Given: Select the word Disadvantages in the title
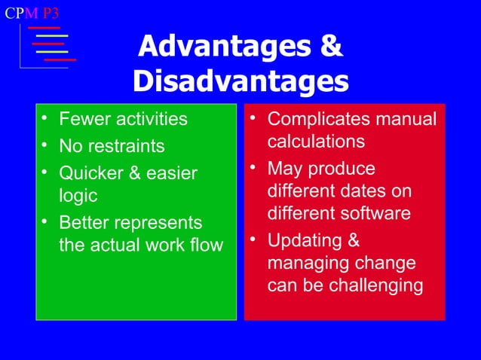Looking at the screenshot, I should click(x=240, y=81).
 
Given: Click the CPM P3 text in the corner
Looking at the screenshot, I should click(x=32, y=14).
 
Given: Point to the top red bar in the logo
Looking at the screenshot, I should click(x=44, y=28).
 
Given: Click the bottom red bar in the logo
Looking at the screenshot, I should click(x=60, y=59).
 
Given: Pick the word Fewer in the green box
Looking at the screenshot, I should click(x=84, y=119).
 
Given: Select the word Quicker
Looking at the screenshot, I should click(x=90, y=172).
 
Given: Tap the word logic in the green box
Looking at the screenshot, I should click(x=78, y=196).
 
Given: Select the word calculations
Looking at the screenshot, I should click(x=316, y=142).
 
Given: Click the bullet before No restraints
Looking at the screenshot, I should click(x=47, y=145).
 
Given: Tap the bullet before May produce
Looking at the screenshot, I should click(x=255, y=167).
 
